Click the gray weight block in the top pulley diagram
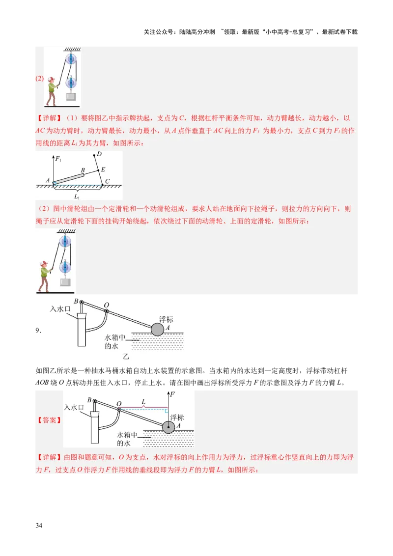pyautogui.click(x=71, y=96)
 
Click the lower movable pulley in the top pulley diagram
pyautogui.click(x=71, y=82)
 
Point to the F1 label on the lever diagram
pyautogui.click(x=58, y=159)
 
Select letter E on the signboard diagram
pyautogui.click(x=103, y=169)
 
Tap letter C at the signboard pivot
pyautogui.click(x=107, y=181)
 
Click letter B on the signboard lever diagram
pyautogui.click(x=83, y=170)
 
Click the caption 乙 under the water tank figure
pyautogui.click(x=126, y=358)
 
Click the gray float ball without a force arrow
pyautogui.click(x=157, y=329)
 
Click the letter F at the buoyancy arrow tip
pyautogui.click(x=173, y=393)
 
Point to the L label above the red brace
pyautogui.click(x=143, y=401)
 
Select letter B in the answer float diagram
pyautogui.click(x=89, y=400)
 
